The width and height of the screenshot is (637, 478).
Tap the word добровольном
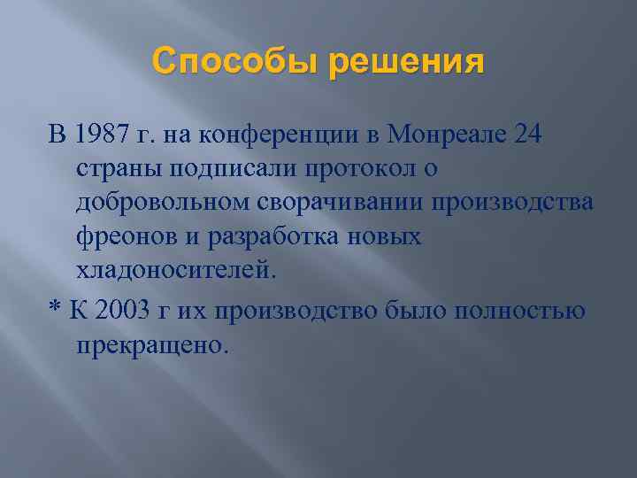[x=170, y=204]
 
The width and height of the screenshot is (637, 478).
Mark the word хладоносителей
[x=175, y=271]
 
